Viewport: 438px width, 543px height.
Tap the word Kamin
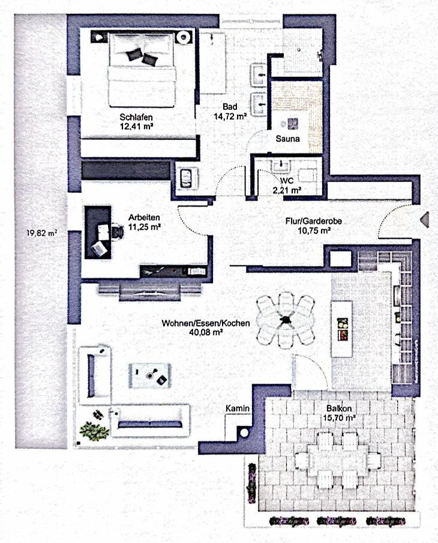(238, 408)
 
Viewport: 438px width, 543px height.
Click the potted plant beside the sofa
(95, 428)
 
